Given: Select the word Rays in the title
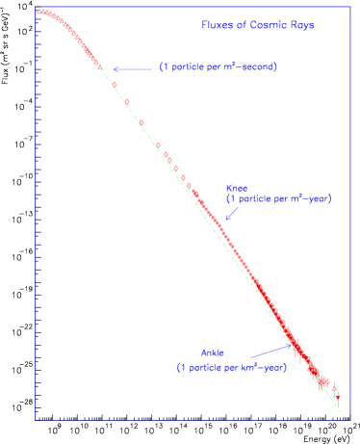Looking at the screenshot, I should click(x=301, y=25).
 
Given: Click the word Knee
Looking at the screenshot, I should click(x=237, y=188).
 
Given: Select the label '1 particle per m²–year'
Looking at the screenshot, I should click(x=278, y=198).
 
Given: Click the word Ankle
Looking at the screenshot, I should click(x=212, y=353).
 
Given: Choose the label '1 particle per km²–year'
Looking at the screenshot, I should click(x=231, y=367).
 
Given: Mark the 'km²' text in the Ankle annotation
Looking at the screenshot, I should click(x=250, y=367).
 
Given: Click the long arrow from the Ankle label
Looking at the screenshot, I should click(x=262, y=351).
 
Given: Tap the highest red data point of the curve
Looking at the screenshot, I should click(x=41, y=12).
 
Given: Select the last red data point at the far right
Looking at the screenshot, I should click(x=336, y=396).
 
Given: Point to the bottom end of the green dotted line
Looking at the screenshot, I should click(x=345, y=417).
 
